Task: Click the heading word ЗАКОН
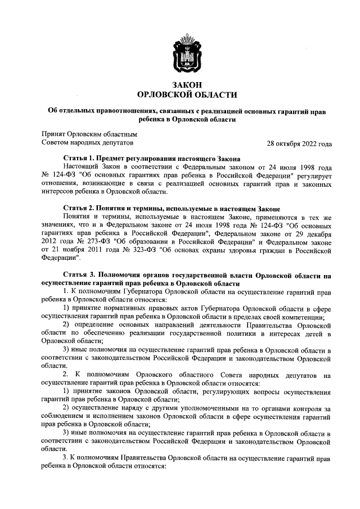tap(187, 84)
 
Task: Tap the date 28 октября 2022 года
tap(299, 143)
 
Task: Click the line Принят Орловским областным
tap(89, 134)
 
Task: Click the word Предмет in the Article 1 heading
tap(123, 159)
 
